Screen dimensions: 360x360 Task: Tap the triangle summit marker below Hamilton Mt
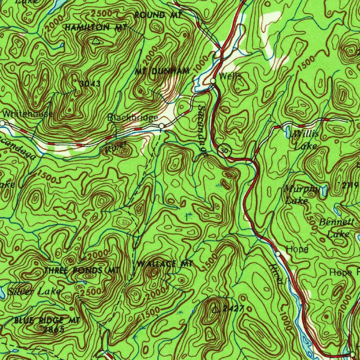pos(96,41)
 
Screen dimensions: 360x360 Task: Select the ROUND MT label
pos(158,15)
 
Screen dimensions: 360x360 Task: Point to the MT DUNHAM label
pos(162,71)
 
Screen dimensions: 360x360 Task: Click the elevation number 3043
pos(90,84)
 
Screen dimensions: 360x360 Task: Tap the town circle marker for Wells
pos(213,81)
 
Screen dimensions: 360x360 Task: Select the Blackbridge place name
pos(133,117)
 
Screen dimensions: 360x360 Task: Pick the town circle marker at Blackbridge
pos(161,126)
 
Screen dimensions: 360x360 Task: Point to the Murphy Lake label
pos(301,194)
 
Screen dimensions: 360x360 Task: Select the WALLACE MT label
pos(165,264)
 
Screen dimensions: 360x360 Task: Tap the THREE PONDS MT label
pos(82,270)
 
